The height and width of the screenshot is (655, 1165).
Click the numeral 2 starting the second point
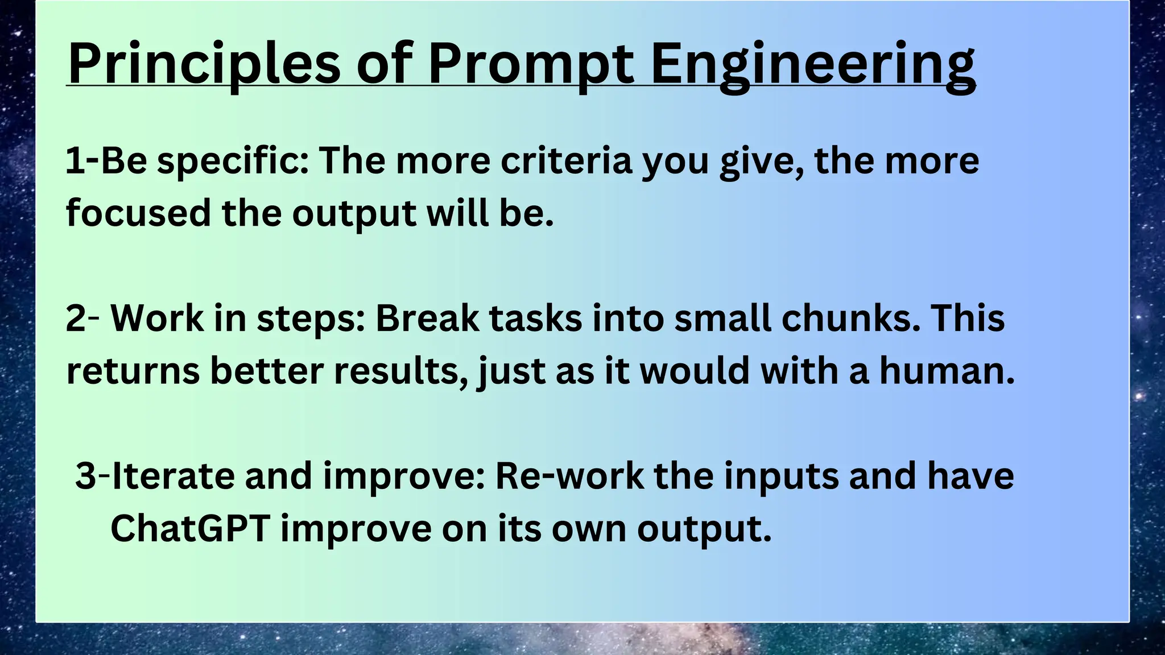click(x=75, y=318)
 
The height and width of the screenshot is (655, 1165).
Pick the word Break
click(x=427, y=318)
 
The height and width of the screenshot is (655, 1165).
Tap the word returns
click(x=133, y=371)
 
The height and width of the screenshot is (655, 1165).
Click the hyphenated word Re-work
click(x=569, y=476)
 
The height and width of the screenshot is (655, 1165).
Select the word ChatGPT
click(x=190, y=529)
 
